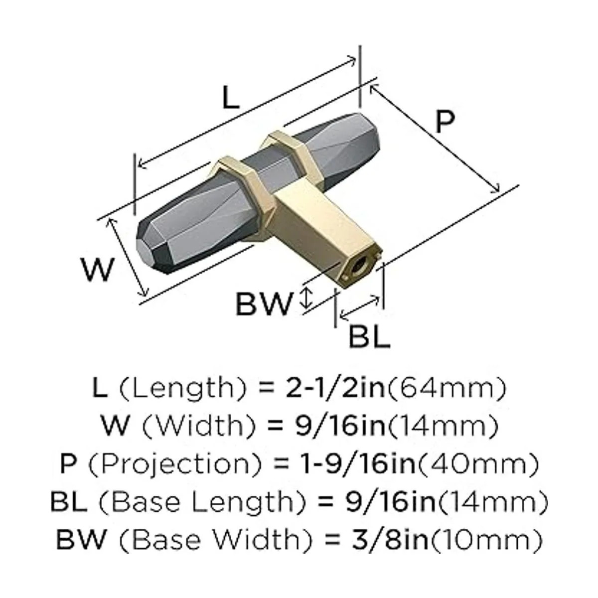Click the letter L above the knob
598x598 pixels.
[x=230, y=99]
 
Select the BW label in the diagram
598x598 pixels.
[x=263, y=304]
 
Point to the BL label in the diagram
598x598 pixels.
[x=369, y=337]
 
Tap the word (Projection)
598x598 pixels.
[x=177, y=463]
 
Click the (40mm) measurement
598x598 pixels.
[x=477, y=463]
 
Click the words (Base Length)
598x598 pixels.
[x=197, y=501]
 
